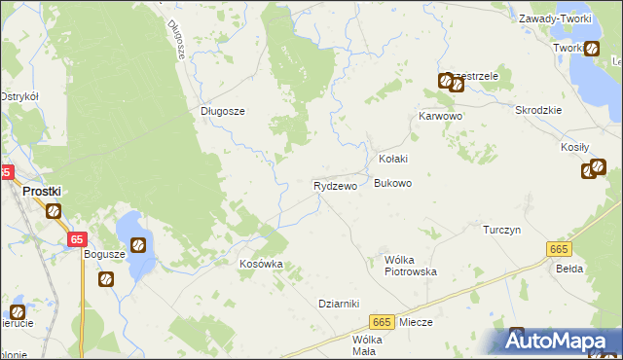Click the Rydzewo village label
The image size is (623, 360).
tap(335, 185)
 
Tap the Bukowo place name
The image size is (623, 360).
tap(393, 183)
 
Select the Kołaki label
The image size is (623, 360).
tap(392, 159)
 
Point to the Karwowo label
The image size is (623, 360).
tap(440, 116)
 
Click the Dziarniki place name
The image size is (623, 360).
tap(340, 303)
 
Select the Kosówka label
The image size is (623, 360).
tap(261, 264)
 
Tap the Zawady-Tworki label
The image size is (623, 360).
tap(557, 18)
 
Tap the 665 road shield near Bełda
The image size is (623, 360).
tap(558, 250)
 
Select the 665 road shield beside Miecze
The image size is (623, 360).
tap(382, 322)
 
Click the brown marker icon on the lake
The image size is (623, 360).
tap(139, 244)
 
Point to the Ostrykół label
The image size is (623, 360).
tap(19, 96)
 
